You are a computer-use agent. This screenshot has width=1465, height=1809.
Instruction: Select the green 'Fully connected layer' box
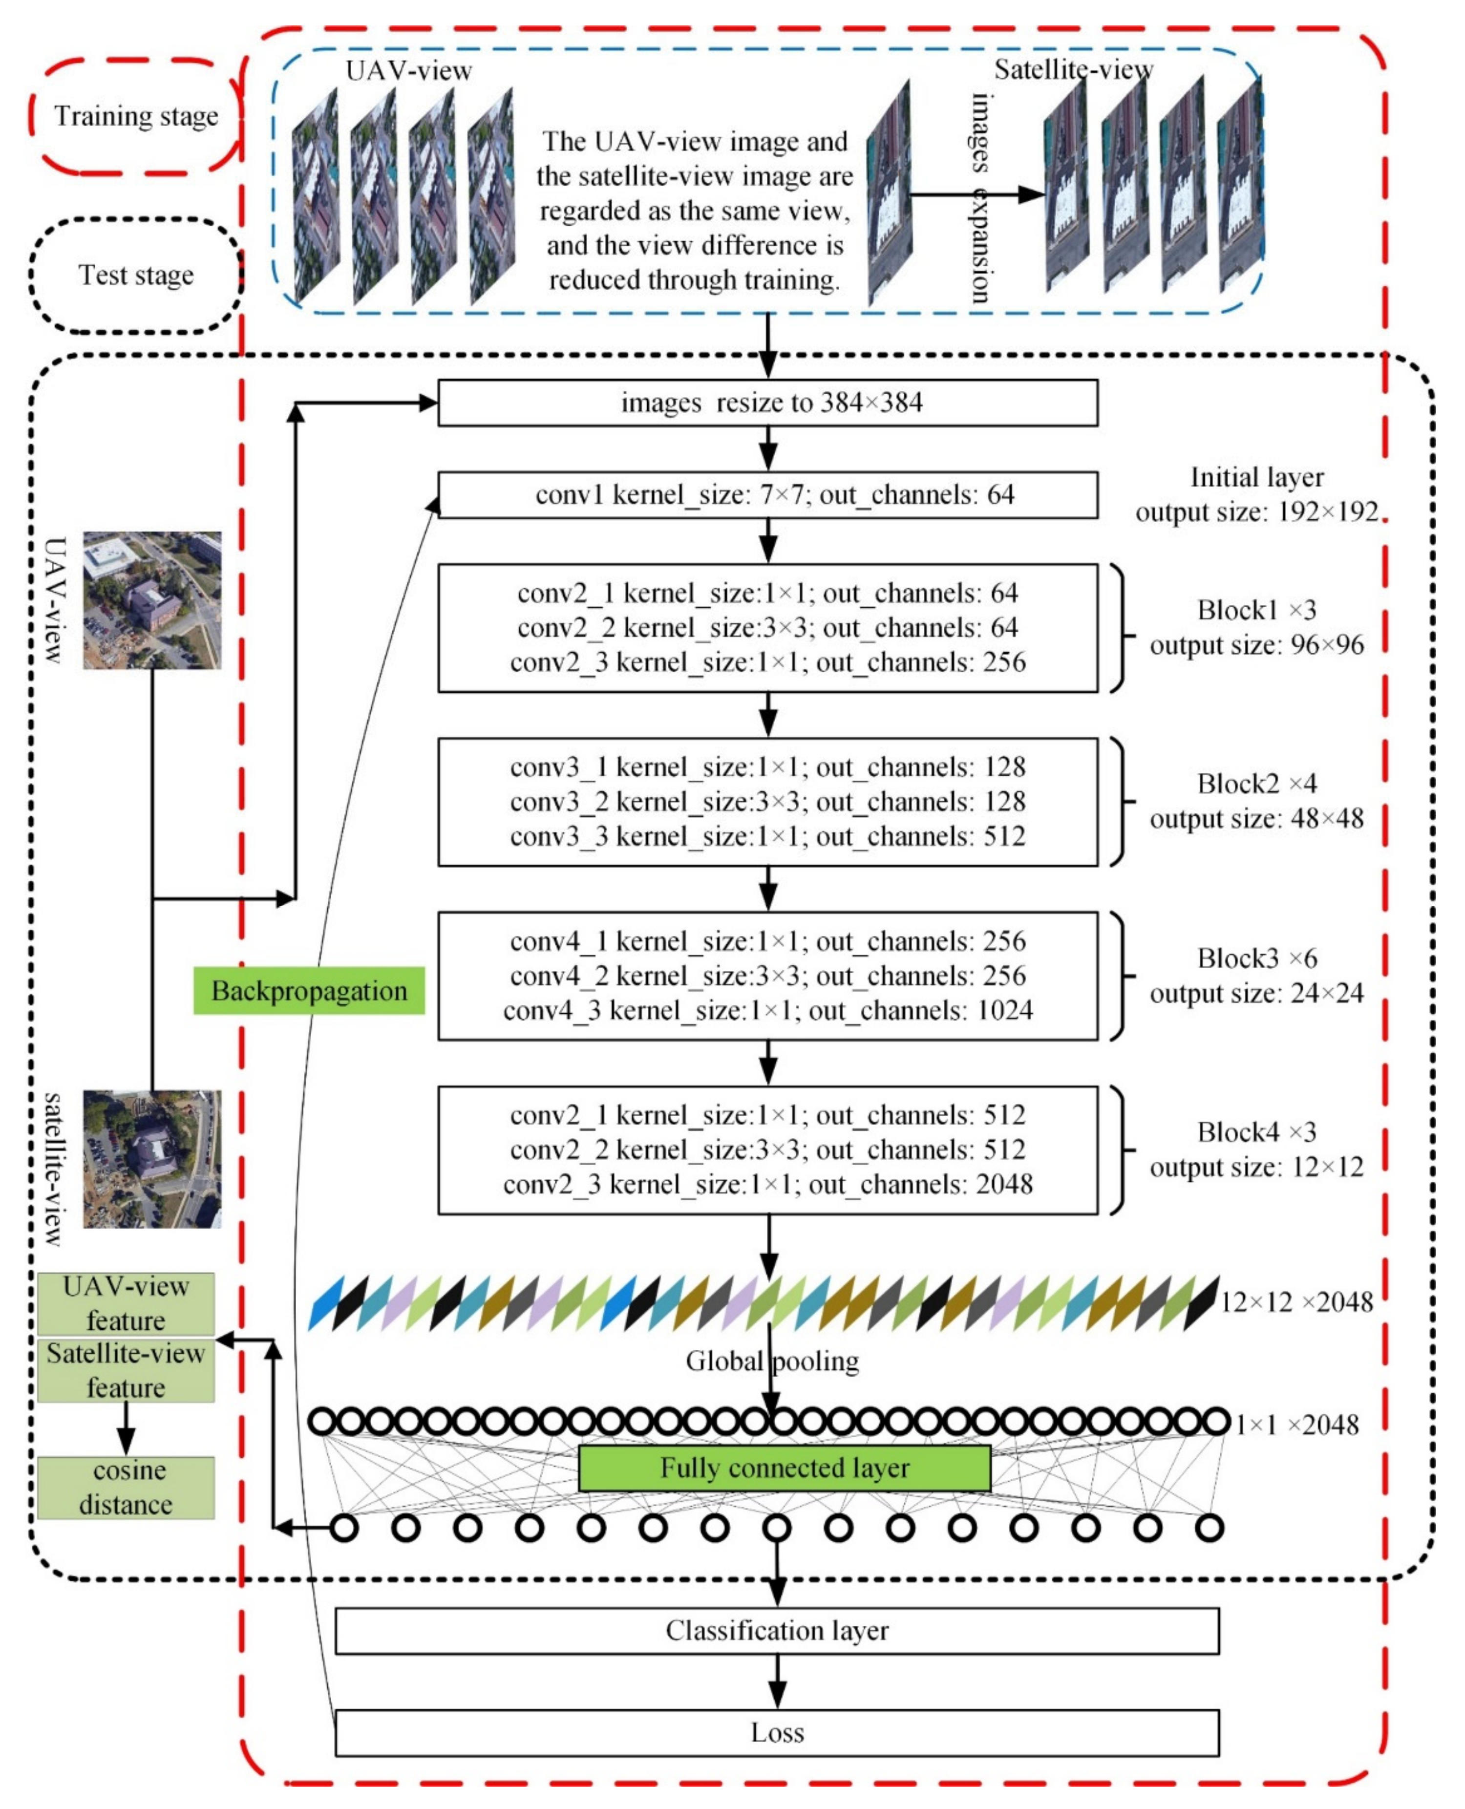point(784,1468)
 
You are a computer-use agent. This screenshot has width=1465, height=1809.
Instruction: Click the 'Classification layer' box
point(776,1630)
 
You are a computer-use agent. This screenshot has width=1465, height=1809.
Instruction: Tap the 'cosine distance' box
point(126,1488)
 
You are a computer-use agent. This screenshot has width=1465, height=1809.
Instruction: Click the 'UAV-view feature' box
point(126,1303)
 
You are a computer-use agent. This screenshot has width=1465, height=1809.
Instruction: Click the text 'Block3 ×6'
point(1256,958)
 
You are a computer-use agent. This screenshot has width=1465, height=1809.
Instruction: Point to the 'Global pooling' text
point(772,1361)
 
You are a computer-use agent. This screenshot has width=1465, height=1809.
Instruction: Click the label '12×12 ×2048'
point(1296,1302)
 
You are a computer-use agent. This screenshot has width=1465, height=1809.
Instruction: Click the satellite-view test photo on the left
point(152,1158)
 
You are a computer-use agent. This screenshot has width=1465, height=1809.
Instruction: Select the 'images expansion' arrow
point(977,195)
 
